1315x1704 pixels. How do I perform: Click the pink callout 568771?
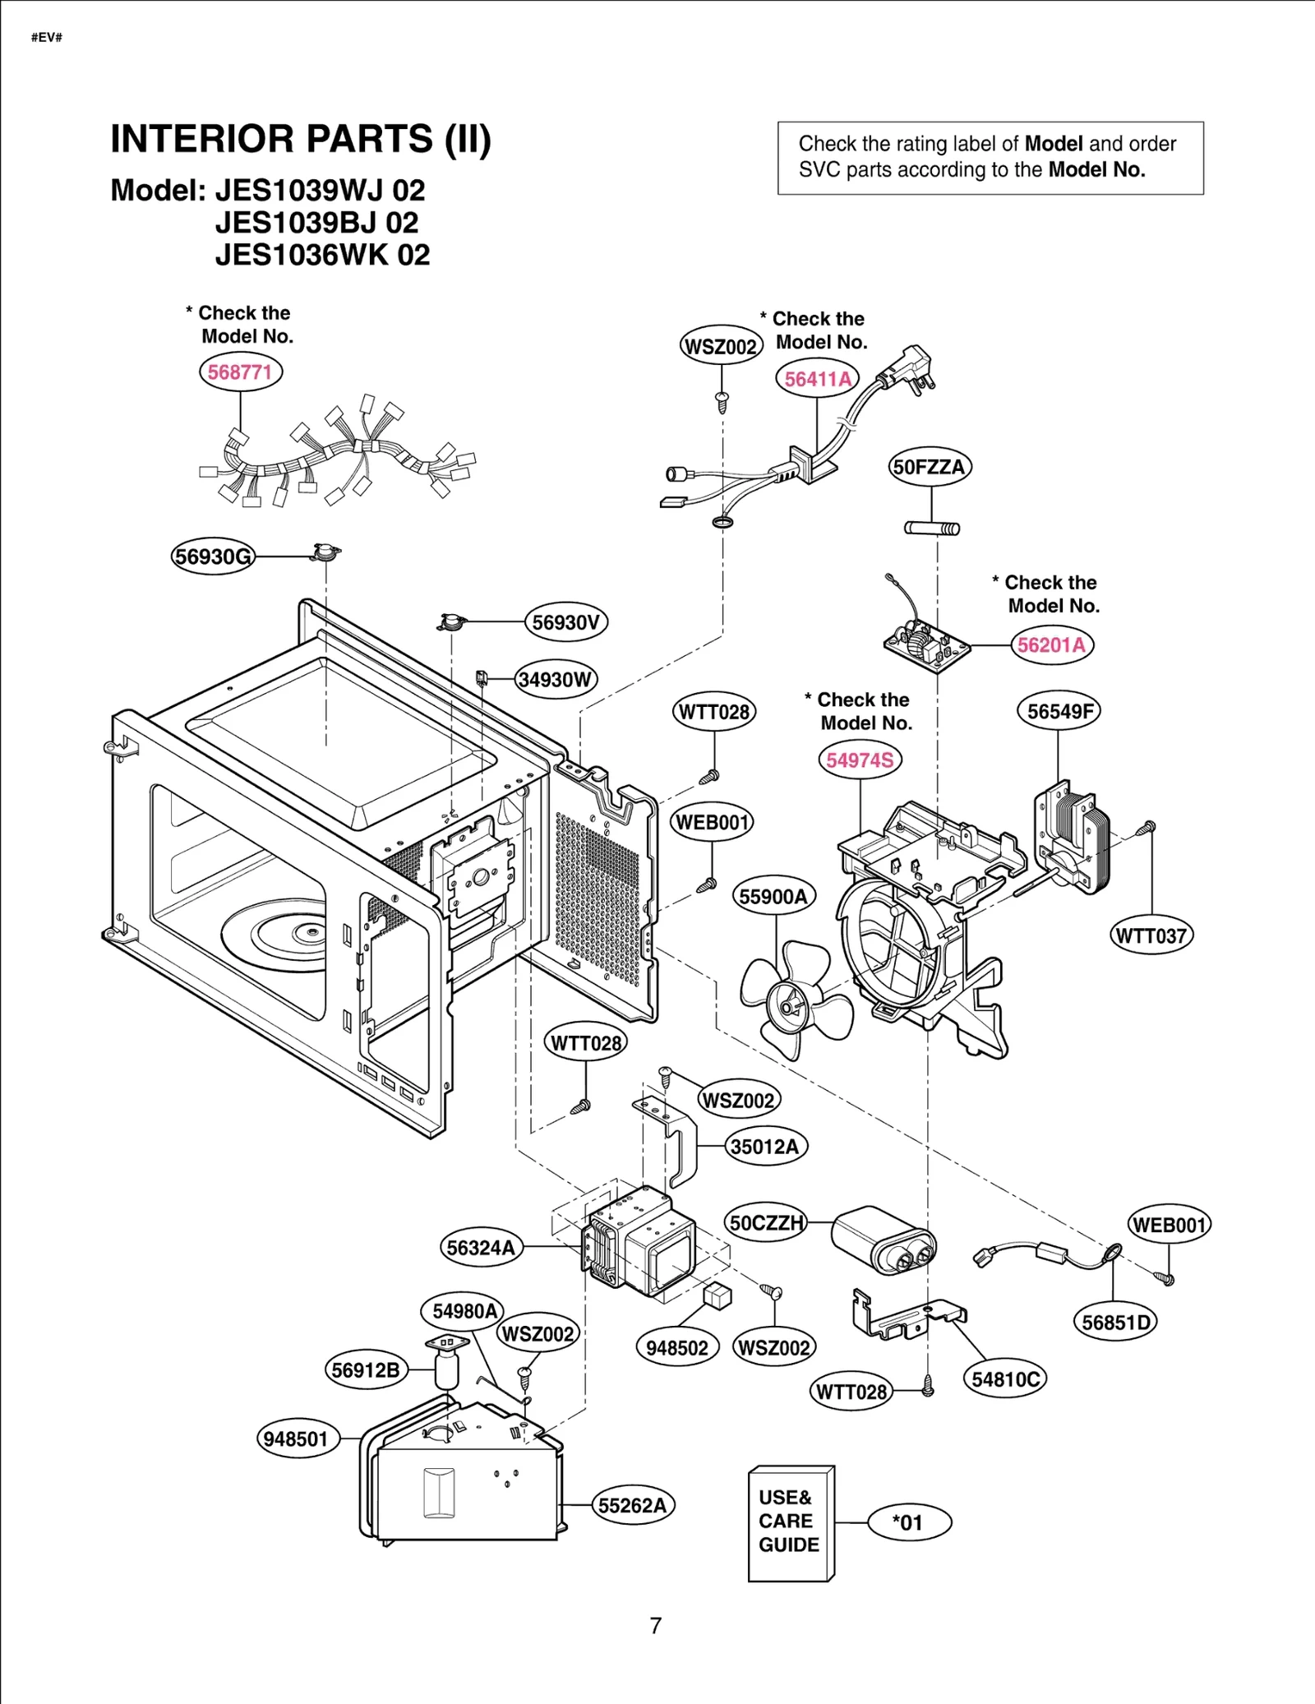pyautogui.click(x=240, y=372)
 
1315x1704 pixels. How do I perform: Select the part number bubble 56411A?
pyautogui.click(x=817, y=379)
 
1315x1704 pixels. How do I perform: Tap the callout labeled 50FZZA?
pyautogui.click(x=930, y=467)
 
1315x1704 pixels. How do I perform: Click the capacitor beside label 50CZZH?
pyautogui.click(x=884, y=1240)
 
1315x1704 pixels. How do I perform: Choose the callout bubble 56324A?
pyautogui.click(x=481, y=1247)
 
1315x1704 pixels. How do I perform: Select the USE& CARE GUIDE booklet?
pyautogui.click(x=790, y=1523)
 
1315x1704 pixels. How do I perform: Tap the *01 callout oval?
pyautogui.click(x=909, y=1522)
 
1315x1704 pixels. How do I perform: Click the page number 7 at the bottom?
pyautogui.click(x=656, y=1625)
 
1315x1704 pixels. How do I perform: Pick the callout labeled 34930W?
pyautogui.click(x=556, y=680)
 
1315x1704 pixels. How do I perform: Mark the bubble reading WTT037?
pyautogui.click(x=1151, y=935)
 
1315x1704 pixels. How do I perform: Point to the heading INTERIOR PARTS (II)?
pyautogui.click(x=301, y=139)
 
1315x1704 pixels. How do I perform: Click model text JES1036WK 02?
pyautogui.click(x=322, y=255)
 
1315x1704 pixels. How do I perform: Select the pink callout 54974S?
pyautogui.click(x=860, y=760)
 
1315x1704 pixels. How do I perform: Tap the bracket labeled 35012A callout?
pyautogui.click(x=764, y=1146)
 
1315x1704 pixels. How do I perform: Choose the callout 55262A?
pyautogui.click(x=632, y=1505)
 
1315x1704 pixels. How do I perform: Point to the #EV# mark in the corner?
pyautogui.click(x=47, y=38)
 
